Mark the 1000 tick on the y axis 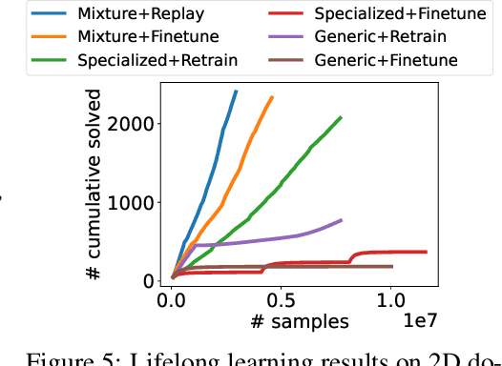134,203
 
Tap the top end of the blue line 236,91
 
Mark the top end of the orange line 272,96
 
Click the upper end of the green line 341,117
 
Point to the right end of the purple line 342,219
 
